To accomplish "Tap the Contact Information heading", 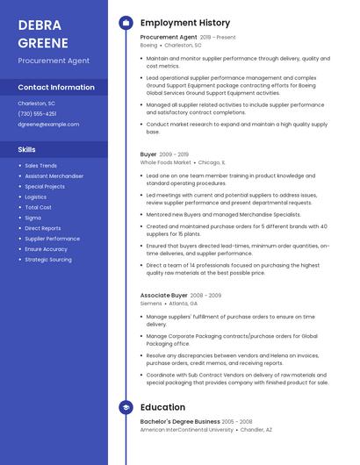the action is point(56,87).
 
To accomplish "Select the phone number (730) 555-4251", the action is point(37,113).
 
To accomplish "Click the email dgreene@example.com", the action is point(48,124).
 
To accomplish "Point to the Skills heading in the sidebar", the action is point(27,149).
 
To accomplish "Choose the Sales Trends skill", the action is point(41,165).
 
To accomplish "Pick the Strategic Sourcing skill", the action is point(48,260).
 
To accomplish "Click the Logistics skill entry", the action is point(36,197).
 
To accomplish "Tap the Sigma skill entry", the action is point(32,218).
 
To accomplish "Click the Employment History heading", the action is point(185,23).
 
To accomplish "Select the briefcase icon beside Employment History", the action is point(126,23).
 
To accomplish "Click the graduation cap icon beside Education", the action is point(126,407).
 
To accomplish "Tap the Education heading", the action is point(162,407).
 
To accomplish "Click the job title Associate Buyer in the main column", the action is point(164,296).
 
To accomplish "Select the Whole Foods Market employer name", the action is point(166,162).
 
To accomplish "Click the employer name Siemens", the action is point(151,304).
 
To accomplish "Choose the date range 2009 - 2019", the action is point(175,154).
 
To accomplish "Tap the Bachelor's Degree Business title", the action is point(180,421).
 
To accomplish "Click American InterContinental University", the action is point(187,430).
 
